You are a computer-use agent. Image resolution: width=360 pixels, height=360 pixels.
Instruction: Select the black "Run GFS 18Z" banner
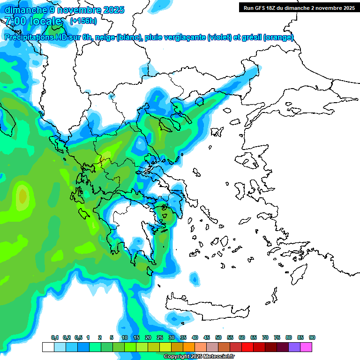pos(299,7)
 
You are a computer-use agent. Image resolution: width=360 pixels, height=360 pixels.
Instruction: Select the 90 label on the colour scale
pos(312,337)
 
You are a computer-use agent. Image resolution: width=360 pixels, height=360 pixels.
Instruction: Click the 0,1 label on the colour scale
pos(54,337)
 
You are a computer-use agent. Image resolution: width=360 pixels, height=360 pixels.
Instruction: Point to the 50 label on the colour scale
pos(218,337)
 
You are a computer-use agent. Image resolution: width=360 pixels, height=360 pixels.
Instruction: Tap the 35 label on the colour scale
pos(183,337)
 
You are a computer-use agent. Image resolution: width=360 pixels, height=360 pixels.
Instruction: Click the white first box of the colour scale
pos(48,347)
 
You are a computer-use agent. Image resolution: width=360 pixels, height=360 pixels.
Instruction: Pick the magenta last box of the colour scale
pos(306,347)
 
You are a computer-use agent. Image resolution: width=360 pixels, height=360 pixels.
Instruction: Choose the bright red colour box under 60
pos(247,347)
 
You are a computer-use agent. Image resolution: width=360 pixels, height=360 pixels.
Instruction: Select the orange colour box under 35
pos(189,347)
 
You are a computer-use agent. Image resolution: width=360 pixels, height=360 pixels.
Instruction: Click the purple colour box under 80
pos(294,347)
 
